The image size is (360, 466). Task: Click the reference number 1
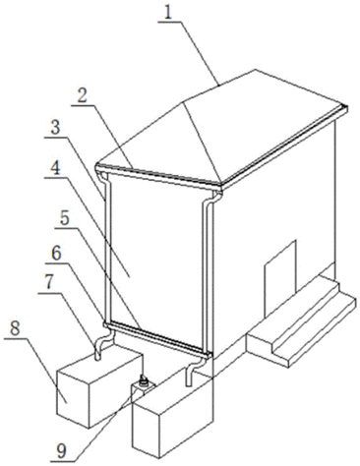[x=168, y=13]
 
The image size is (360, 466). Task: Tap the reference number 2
[x=82, y=96]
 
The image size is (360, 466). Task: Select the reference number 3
[x=55, y=128]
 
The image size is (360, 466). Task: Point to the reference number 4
[x=56, y=168]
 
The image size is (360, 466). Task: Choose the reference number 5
[x=64, y=218]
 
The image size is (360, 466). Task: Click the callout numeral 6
[x=56, y=254]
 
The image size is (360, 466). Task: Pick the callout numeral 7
[x=48, y=282]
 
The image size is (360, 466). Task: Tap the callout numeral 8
[x=15, y=327]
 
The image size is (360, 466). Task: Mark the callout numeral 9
[x=61, y=451]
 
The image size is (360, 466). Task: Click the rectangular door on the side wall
[x=280, y=278]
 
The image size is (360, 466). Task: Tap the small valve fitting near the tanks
[x=143, y=381]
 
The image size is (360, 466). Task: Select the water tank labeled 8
[x=100, y=389]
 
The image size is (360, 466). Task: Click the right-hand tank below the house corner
[x=173, y=417]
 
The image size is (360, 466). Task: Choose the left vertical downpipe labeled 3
[x=107, y=248]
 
